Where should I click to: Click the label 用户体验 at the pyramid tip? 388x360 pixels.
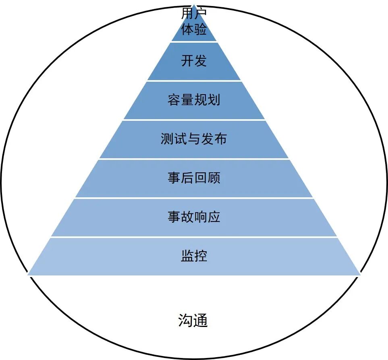point(194,21)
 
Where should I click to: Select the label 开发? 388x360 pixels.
point(194,60)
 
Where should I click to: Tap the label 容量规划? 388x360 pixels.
point(194,99)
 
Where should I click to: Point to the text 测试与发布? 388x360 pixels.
point(194,139)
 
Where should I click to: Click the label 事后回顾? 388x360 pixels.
point(194,178)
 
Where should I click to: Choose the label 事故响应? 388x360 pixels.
point(194,217)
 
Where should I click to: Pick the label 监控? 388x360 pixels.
point(194,256)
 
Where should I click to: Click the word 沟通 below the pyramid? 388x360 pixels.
point(193,321)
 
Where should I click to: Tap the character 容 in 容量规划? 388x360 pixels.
point(174,99)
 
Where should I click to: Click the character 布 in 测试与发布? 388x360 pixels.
point(220,139)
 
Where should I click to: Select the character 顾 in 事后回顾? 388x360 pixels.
point(214,178)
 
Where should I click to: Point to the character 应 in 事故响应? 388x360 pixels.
point(214,217)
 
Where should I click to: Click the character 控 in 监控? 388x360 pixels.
point(200,256)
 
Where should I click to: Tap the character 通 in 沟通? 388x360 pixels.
point(200,321)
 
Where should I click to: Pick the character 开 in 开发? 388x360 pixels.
point(187,60)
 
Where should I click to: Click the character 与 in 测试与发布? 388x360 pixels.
point(194,139)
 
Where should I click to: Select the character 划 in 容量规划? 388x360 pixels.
point(214,99)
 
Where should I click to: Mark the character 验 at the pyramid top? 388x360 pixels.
point(200,29)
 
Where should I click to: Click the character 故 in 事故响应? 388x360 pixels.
point(187,217)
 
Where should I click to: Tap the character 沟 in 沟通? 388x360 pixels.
point(186,321)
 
